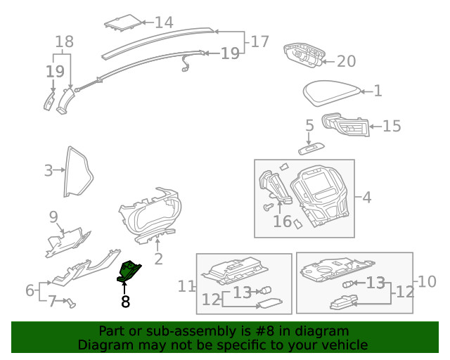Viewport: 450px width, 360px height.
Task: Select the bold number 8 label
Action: click(125, 302)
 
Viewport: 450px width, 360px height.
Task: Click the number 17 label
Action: click(259, 41)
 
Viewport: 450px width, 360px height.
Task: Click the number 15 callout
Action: click(391, 126)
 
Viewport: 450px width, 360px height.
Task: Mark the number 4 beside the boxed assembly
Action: click(366, 198)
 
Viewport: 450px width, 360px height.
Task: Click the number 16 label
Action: click(282, 221)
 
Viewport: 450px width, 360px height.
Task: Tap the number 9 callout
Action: click(53, 215)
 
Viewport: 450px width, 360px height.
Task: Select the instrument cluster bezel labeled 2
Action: click(150, 215)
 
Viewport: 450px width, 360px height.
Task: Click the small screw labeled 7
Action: click(70, 303)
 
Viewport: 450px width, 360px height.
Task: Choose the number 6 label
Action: click(30, 290)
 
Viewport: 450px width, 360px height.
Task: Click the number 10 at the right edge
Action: click(427, 282)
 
